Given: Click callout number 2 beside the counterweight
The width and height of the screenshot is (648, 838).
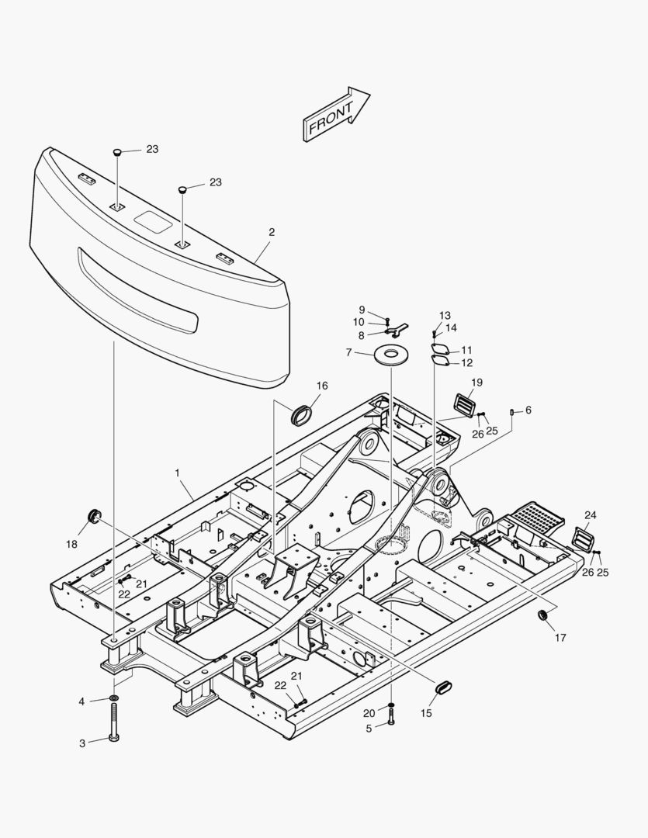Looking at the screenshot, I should click(272, 232).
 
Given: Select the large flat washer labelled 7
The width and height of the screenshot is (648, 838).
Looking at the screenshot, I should click(391, 355).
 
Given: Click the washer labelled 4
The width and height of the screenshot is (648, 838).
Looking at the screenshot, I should click(114, 699).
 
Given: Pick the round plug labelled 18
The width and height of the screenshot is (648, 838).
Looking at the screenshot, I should click(95, 514).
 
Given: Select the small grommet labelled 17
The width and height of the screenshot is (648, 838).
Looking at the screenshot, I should click(542, 615).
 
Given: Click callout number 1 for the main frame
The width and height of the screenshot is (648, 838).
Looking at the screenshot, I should click(177, 473).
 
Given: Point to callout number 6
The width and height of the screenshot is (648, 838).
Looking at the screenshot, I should click(528, 410).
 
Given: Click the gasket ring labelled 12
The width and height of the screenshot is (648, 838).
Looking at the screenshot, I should click(442, 360).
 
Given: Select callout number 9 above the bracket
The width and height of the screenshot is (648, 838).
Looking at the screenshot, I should click(362, 310).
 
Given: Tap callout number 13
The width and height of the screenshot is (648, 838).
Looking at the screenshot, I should click(445, 316).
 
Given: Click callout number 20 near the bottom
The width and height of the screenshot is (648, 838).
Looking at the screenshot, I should click(369, 712).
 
